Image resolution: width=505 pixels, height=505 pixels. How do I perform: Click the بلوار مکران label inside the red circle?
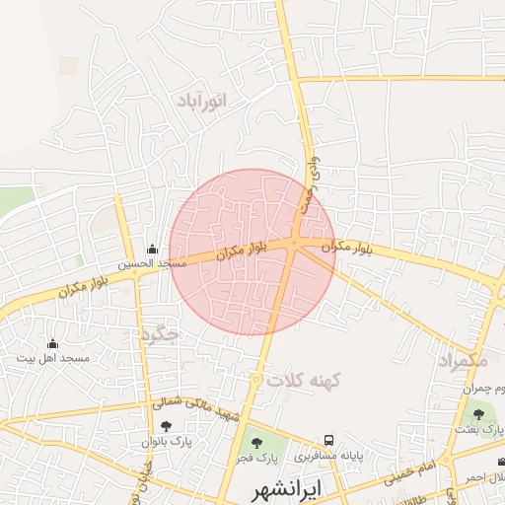(x=233, y=252)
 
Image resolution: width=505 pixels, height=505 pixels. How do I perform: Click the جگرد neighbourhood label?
(x=160, y=334)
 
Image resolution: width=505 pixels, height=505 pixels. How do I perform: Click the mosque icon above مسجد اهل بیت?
(x=52, y=343)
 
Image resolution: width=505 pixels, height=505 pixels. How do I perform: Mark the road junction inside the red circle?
(x=296, y=244)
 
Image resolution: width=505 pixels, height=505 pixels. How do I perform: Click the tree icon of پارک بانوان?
(x=166, y=426)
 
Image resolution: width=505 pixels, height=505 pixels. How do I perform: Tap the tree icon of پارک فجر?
(x=257, y=443)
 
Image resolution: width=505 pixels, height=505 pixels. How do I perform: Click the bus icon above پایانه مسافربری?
(x=328, y=441)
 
